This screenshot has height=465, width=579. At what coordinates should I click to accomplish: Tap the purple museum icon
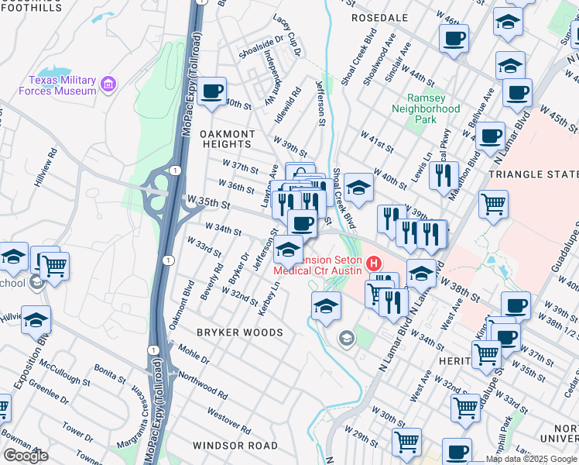tap(109, 84)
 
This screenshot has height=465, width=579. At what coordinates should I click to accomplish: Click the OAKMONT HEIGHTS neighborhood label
tap(226, 139)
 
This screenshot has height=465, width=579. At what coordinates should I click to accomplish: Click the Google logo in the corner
tap(26, 456)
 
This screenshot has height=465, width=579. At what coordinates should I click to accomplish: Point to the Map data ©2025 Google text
tap(531, 459)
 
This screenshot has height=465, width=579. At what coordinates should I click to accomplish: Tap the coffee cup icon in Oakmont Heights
tap(211, 92)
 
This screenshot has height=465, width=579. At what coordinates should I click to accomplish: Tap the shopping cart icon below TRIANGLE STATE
tap(493, 205)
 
